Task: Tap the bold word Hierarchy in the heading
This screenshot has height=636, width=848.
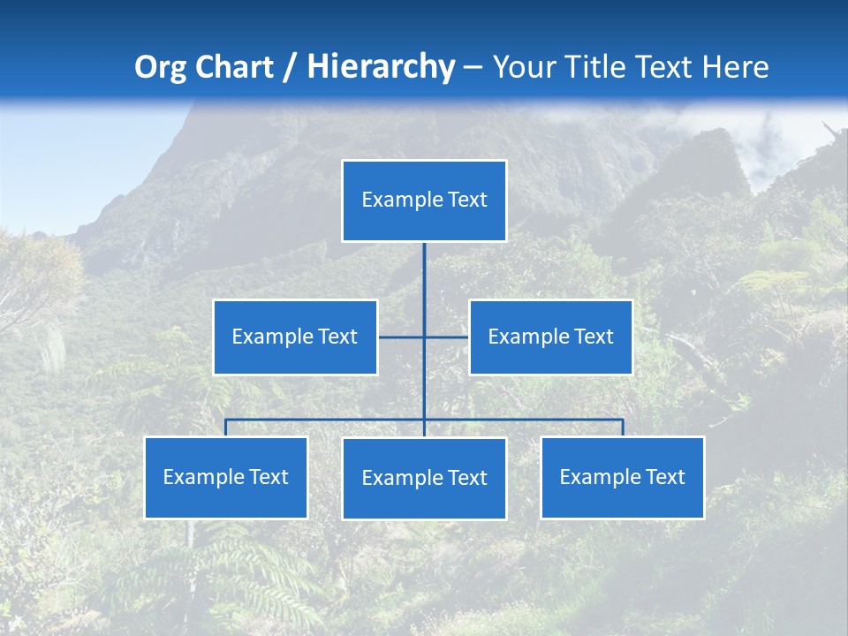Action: [381, 67]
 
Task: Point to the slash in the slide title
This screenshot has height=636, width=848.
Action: [290, 67]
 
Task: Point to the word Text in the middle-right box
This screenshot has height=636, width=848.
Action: [593, 337]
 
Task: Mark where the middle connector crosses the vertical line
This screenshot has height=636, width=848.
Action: [424, 337]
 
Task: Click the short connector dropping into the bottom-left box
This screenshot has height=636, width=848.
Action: [225, 428]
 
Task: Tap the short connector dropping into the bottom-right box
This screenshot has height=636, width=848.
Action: [623, 428]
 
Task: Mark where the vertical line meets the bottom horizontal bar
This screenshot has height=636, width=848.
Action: [424, 420]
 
